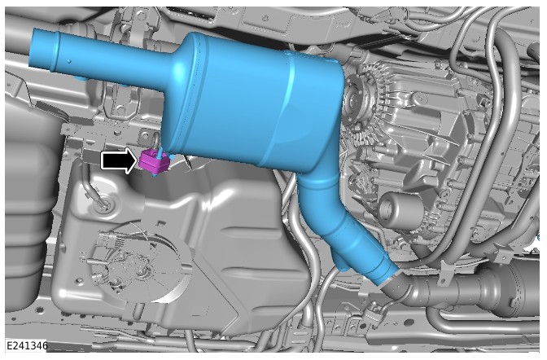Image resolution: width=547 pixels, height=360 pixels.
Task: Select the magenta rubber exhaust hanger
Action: pyautogui.click(x=154, y=161)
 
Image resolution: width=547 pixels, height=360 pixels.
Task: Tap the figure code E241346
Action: pyautogui.click(x=27, y=346)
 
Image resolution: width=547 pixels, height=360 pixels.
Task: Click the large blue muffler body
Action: pyautogui.click(x=255, y=101)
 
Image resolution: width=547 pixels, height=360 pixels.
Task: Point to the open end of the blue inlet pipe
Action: pyautogui.click(x=38, y=49)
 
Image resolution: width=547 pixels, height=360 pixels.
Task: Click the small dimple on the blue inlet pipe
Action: pyautogui.click(x=69, y=61)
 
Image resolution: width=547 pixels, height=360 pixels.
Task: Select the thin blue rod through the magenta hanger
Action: pyautogui.click(x=160, y=154)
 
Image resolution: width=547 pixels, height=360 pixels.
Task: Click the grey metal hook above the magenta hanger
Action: pyautogui.click(x=155, y=139)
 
